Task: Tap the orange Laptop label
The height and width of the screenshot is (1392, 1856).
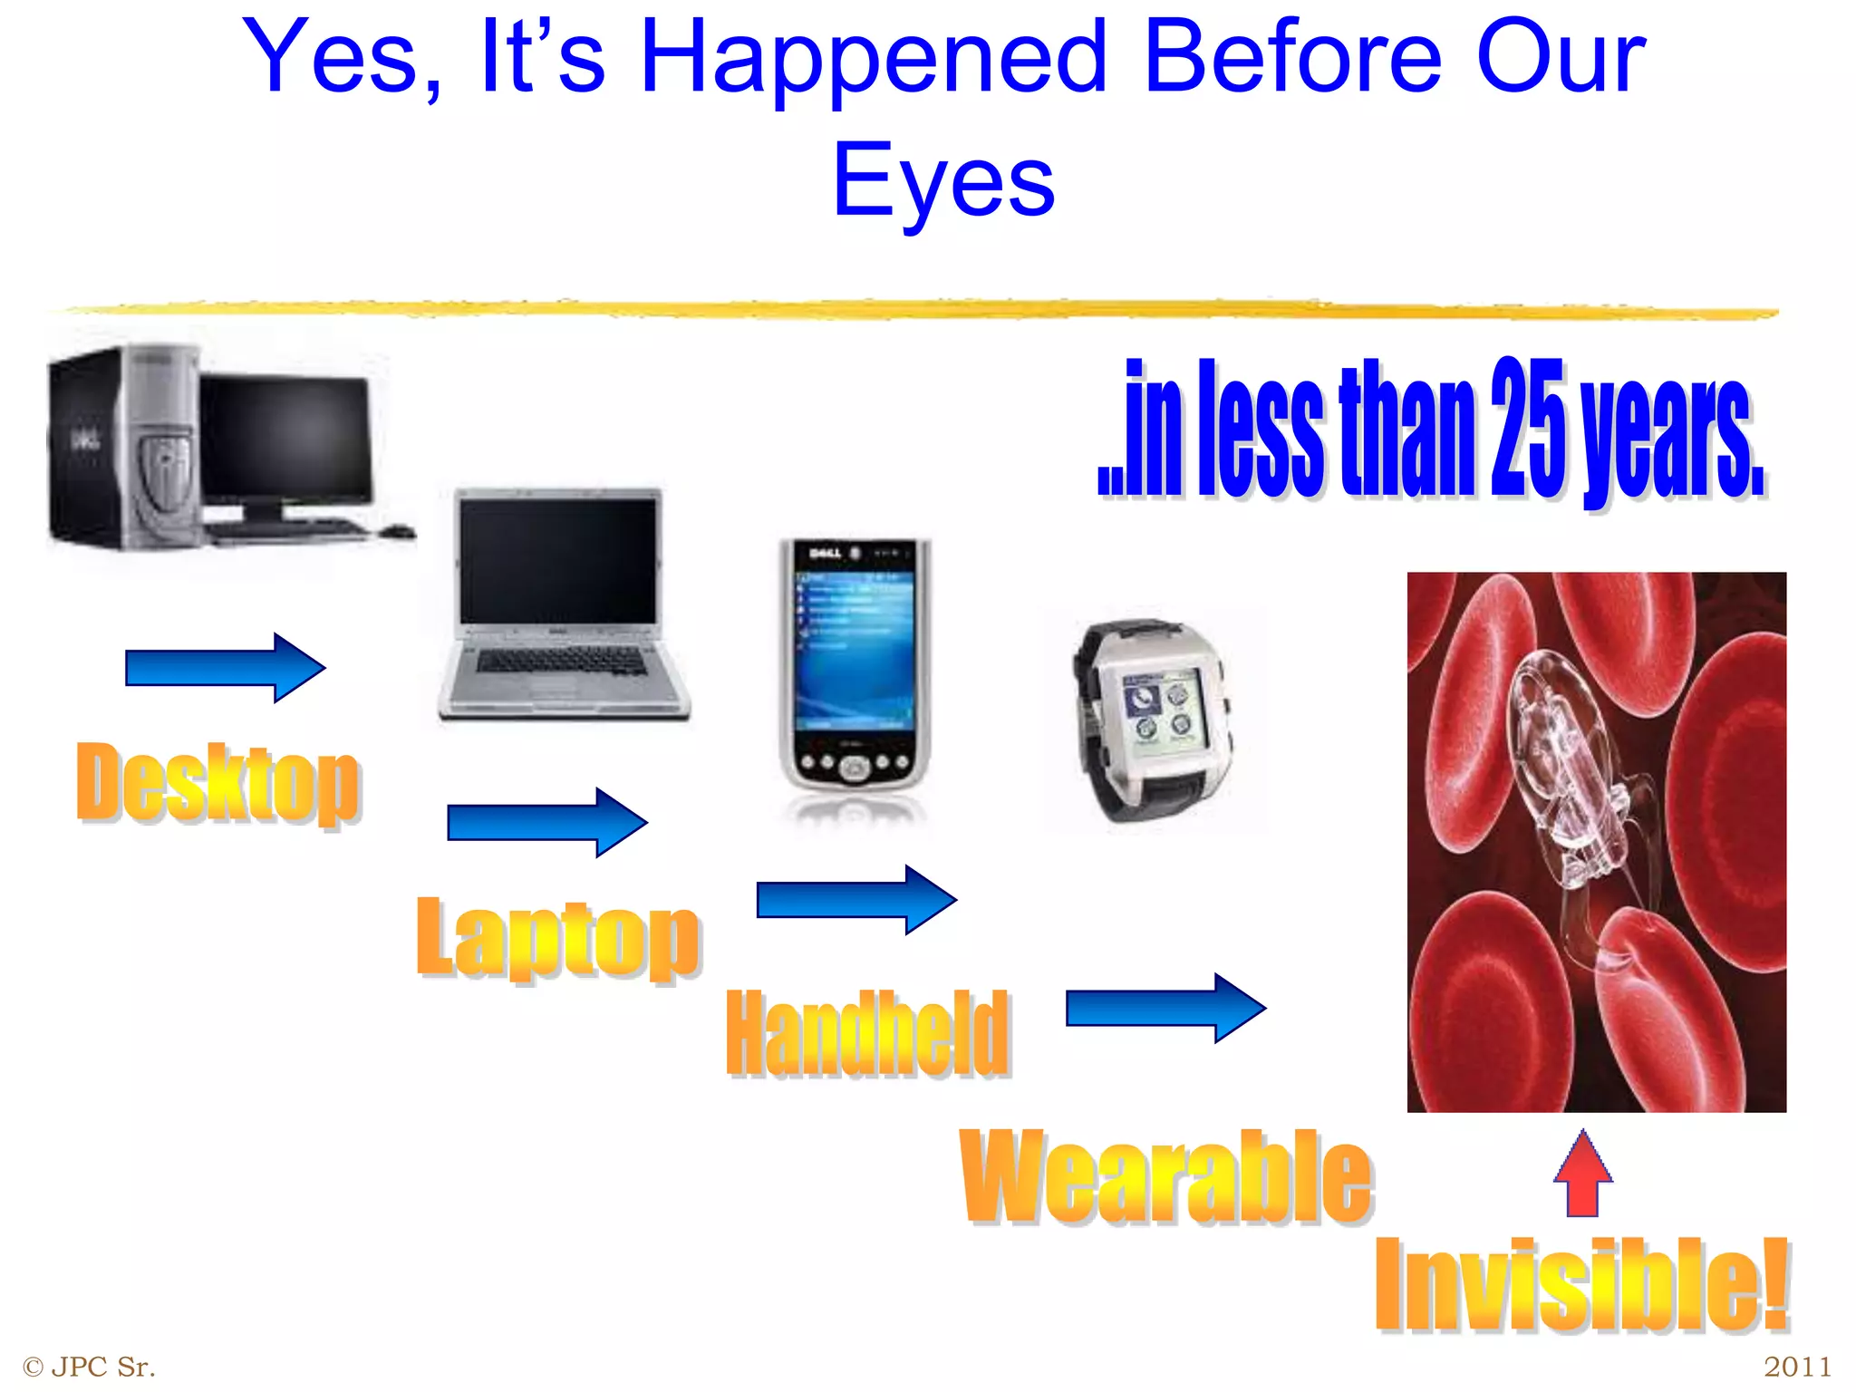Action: pyautogui.click(x=557, y=937)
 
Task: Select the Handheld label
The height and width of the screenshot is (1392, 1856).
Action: pyautogui.click(x=867, y=1034)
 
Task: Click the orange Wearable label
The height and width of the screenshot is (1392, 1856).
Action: pyautogui.click(x=1166, y=1176)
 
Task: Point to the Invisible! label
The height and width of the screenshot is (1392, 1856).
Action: pyautogui.click(x=1581, y=1285)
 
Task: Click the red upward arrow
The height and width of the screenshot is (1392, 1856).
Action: pyautogui.click(x=1582, y=1173)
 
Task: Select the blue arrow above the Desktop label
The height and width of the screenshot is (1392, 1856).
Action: pyautogui.click(x=225, y=668)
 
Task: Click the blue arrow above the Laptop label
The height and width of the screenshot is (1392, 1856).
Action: pyautogui.click(x=547, y=822)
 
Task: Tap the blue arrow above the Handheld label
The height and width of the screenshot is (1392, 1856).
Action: pyautogui.click(x=856, y=899)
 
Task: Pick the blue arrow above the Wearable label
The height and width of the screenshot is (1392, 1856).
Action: pyautogui.click(x=1165, y=1008)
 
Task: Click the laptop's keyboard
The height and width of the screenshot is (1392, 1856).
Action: pyautogui.click(x=562, y=662)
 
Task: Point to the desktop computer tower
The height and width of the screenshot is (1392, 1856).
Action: pyautogui.click(x=122, y=449)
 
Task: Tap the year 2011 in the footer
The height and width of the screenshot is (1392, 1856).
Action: pyautogui.click(x=1797, y=1366)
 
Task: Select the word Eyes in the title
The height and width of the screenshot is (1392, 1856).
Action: pyautogui.click(x=943, y=181)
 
